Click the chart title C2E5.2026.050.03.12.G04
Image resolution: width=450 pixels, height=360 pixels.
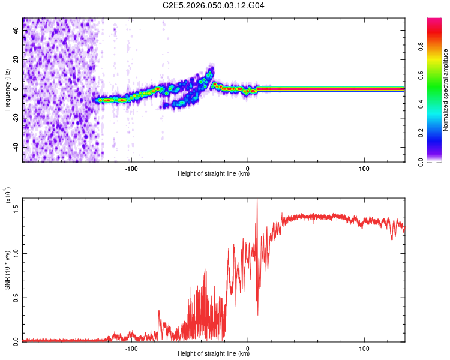click(x=214, y=5)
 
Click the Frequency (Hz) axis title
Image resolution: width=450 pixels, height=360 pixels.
click(x=7, y=89)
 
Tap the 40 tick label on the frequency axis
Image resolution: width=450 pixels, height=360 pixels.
click(x=16, y=30)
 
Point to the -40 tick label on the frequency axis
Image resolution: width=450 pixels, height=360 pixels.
click(x=15, y=147)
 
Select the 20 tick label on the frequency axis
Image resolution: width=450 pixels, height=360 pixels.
click(x=16, y=59)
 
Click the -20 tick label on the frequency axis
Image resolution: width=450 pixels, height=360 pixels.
click(x=15, y=118)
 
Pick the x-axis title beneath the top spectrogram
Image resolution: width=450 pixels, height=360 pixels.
click(x=214, y=174)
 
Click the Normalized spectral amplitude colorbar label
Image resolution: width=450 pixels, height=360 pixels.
click(x=446, y=90)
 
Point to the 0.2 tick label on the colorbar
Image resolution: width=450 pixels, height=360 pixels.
click(x=439, y=134)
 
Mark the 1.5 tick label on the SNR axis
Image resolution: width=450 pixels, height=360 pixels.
click(x=16, y=208)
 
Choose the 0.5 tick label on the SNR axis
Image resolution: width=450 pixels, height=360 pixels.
click(x=16, y=297)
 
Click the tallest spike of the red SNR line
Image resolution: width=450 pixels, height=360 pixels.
click(x=257, y=200)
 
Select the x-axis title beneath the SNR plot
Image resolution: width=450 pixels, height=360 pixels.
click(x=214, y=355)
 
